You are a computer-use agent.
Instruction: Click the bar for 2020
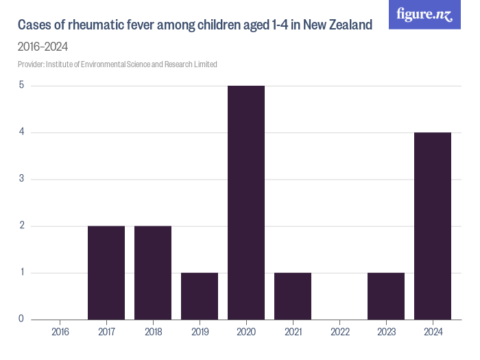[x=246, y=202]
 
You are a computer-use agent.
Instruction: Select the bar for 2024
[x=433, y=226]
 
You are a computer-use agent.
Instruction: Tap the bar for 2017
[x=106, y=272]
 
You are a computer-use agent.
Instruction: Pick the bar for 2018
[x=153, y=272]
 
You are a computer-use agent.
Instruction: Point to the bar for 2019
[x=200, y=296]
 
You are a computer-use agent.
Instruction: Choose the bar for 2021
[x=293, y=296]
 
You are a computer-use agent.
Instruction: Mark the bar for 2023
[x=386, y=296]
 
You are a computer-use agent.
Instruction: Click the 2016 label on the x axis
[x=60, y=332]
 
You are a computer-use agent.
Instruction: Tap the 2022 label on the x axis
[x=339, y=332]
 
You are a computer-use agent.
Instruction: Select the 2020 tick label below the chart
[x=246, y=332]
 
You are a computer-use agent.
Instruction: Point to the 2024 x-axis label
[x=433, y=332]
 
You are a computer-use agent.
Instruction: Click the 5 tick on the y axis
[x=21, y=86]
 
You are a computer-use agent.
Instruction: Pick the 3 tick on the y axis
[x=21, y=179]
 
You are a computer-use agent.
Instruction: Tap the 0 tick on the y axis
[x=21, y=319]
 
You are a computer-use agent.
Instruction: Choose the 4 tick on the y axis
[x=21, y=132]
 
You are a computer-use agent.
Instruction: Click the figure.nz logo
[x=425, y=14]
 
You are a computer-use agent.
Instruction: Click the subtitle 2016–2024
[x=43, y=47]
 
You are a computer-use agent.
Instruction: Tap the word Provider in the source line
[x=31, y=64]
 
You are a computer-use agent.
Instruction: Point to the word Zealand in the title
[x=348, y=25]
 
